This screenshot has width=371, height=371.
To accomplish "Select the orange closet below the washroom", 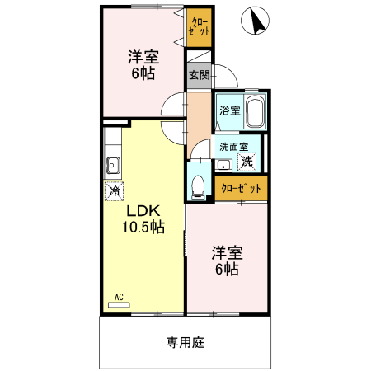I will coord(242,189).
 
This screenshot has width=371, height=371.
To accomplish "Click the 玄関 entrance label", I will coord(198,75).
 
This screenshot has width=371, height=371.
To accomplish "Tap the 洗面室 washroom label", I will coord(232,148).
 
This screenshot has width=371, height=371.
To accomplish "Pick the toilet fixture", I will coord(198,185).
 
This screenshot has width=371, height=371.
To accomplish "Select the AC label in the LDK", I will coord(118,298).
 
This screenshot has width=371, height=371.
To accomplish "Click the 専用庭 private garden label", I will coord(185,340).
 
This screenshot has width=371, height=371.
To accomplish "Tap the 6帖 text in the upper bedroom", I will coord(143,73).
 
